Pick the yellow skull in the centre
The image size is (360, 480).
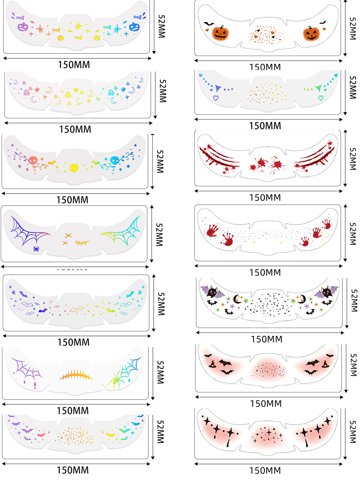pos(74,168)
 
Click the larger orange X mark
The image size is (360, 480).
pos(68,236)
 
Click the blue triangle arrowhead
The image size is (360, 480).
pos(217,88)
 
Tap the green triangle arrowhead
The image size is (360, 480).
pos(318,88)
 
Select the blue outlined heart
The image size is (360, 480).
pos(216,97)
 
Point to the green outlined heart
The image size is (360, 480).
pos(320,97)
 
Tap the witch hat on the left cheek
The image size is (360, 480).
pos(212,364)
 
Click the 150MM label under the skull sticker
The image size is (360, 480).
pos(74,199)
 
